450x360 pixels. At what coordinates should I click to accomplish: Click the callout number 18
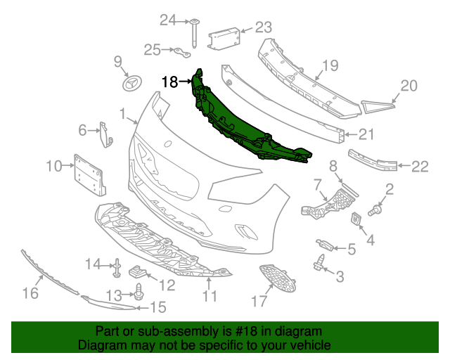tap(169, 82)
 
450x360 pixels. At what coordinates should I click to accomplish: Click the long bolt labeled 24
tap(191, 30)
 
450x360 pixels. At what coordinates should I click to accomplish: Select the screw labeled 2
tap(375, 209)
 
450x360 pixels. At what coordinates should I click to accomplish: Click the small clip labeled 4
tap(357, 219)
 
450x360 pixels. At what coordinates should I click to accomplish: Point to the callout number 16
tap(30, 292)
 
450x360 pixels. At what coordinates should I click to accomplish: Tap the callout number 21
tap(367, 134)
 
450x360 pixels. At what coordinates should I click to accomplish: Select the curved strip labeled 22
tap(372, 161)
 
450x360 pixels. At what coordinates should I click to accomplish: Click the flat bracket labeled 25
tap(185, 53)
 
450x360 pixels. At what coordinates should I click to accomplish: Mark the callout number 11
tap(209, 297)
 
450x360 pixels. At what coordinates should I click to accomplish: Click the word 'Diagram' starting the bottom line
tap(98, 346)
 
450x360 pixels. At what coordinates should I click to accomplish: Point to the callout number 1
tap(122, 113)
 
